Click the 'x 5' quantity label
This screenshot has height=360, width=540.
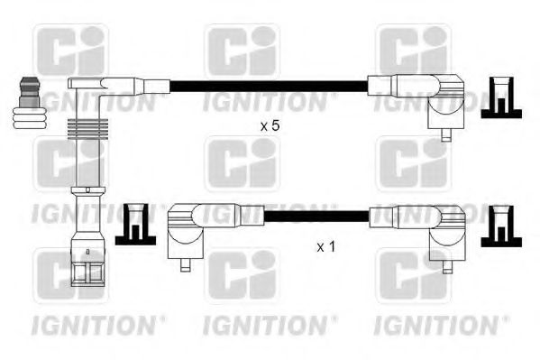pos(270,127)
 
